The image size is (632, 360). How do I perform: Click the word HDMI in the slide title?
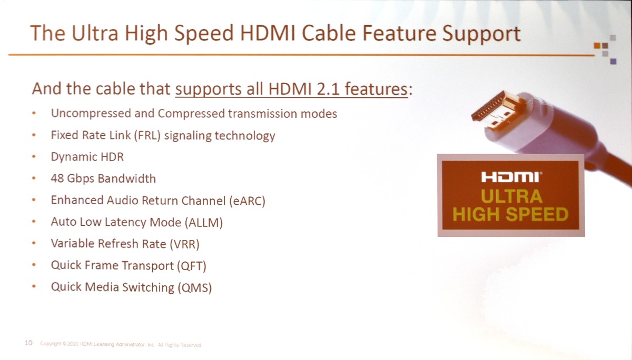tap(268, 34)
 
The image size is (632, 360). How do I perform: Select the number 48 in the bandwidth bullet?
tap(57, 178)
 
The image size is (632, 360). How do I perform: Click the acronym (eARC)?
tap(247, 201)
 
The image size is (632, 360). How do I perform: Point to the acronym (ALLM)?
tap(204, 223)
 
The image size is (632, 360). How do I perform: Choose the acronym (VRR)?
tap(185, 244)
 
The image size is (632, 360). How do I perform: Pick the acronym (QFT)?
tap(192, 266)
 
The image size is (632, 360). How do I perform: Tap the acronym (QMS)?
tap(195, 287)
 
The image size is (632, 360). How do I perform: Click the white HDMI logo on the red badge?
tap(511, 177)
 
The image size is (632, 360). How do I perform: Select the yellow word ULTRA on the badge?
tap(511, 196)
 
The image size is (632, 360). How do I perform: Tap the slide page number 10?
tap(28, 343)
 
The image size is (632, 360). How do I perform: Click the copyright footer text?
tap(121, 345)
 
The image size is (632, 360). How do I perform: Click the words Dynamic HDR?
tap(87, 157)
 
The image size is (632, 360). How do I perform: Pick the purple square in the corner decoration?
tap(613, 61)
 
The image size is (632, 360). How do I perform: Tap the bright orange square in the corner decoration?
tap(597, 45)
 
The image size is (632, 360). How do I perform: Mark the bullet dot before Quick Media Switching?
tap(34, 286)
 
